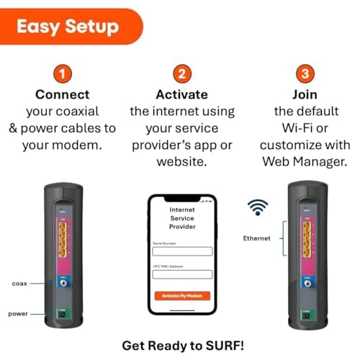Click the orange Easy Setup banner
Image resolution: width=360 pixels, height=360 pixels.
coord(68,27)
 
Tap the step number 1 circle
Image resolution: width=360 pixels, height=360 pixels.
coord(63,74)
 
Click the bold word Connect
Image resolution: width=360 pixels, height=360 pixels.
coord(63,95)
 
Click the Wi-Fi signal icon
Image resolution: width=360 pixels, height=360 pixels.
coord(257,207)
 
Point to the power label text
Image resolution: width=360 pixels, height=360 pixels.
coord(19,313)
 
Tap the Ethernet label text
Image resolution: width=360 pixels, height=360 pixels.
coord(256,238)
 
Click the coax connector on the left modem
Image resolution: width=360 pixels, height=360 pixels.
coord(64,284)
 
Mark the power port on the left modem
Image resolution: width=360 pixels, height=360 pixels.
coord(63,313)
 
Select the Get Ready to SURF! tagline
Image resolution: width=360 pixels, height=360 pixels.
coord(182,346)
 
